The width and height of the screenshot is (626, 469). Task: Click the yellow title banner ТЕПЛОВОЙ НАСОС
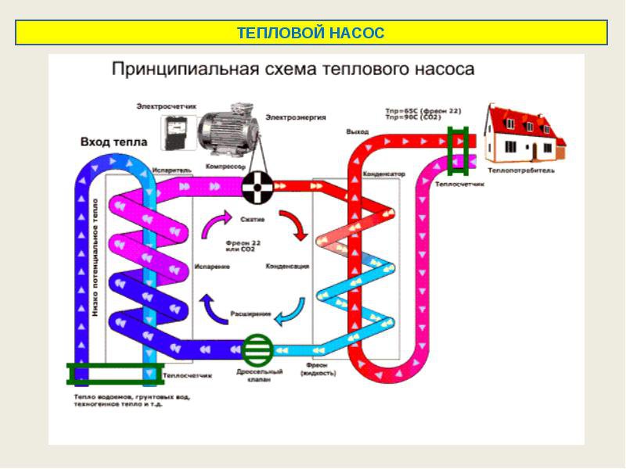click(x=311, y=33)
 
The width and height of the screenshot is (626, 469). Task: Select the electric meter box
click(x=177, y=130)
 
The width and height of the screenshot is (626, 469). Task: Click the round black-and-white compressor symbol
click(x=255, y=187)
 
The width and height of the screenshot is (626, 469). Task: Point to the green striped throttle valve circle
click(x=256, y=349)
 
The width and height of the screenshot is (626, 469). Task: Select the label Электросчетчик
click(x=166, y=106)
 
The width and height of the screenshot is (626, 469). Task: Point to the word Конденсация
click(x=287, y=266)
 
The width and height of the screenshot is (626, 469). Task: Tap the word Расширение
click(x=250, y=313)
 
